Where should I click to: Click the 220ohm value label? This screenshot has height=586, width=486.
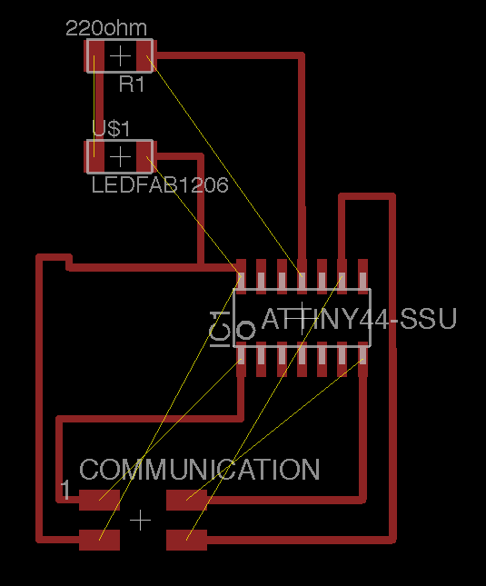click(x=106, y=28)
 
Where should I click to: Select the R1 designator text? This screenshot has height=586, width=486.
click(x=132, y=84)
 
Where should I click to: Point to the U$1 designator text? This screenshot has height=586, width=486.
click(x=112, y=128)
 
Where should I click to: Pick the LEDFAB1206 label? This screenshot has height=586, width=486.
click(x=160, y=185)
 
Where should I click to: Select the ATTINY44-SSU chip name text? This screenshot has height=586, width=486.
click(x=359, y=319)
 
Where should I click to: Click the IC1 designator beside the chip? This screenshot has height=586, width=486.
click(x=220, y=329)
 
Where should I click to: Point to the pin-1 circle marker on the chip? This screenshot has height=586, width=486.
click(x=246, y=330)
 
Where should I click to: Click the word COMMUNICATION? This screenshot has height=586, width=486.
click(x=200, y=470)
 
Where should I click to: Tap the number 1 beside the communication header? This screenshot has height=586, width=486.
click(x=65, y=490)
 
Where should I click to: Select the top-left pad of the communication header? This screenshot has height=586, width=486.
click(x=99, y=500)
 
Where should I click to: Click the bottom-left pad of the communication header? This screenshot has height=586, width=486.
click(x=99, y=540)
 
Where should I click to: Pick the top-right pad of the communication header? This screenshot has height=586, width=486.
click(x=187, y=500)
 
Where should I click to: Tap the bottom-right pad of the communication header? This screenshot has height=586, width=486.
click(x=187, y=540)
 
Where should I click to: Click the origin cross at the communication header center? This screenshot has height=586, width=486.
click(x=141, y=520)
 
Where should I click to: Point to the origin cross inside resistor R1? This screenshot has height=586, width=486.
click(x=120, y=56)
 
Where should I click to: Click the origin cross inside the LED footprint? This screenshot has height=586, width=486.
click(x=120, y=157)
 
